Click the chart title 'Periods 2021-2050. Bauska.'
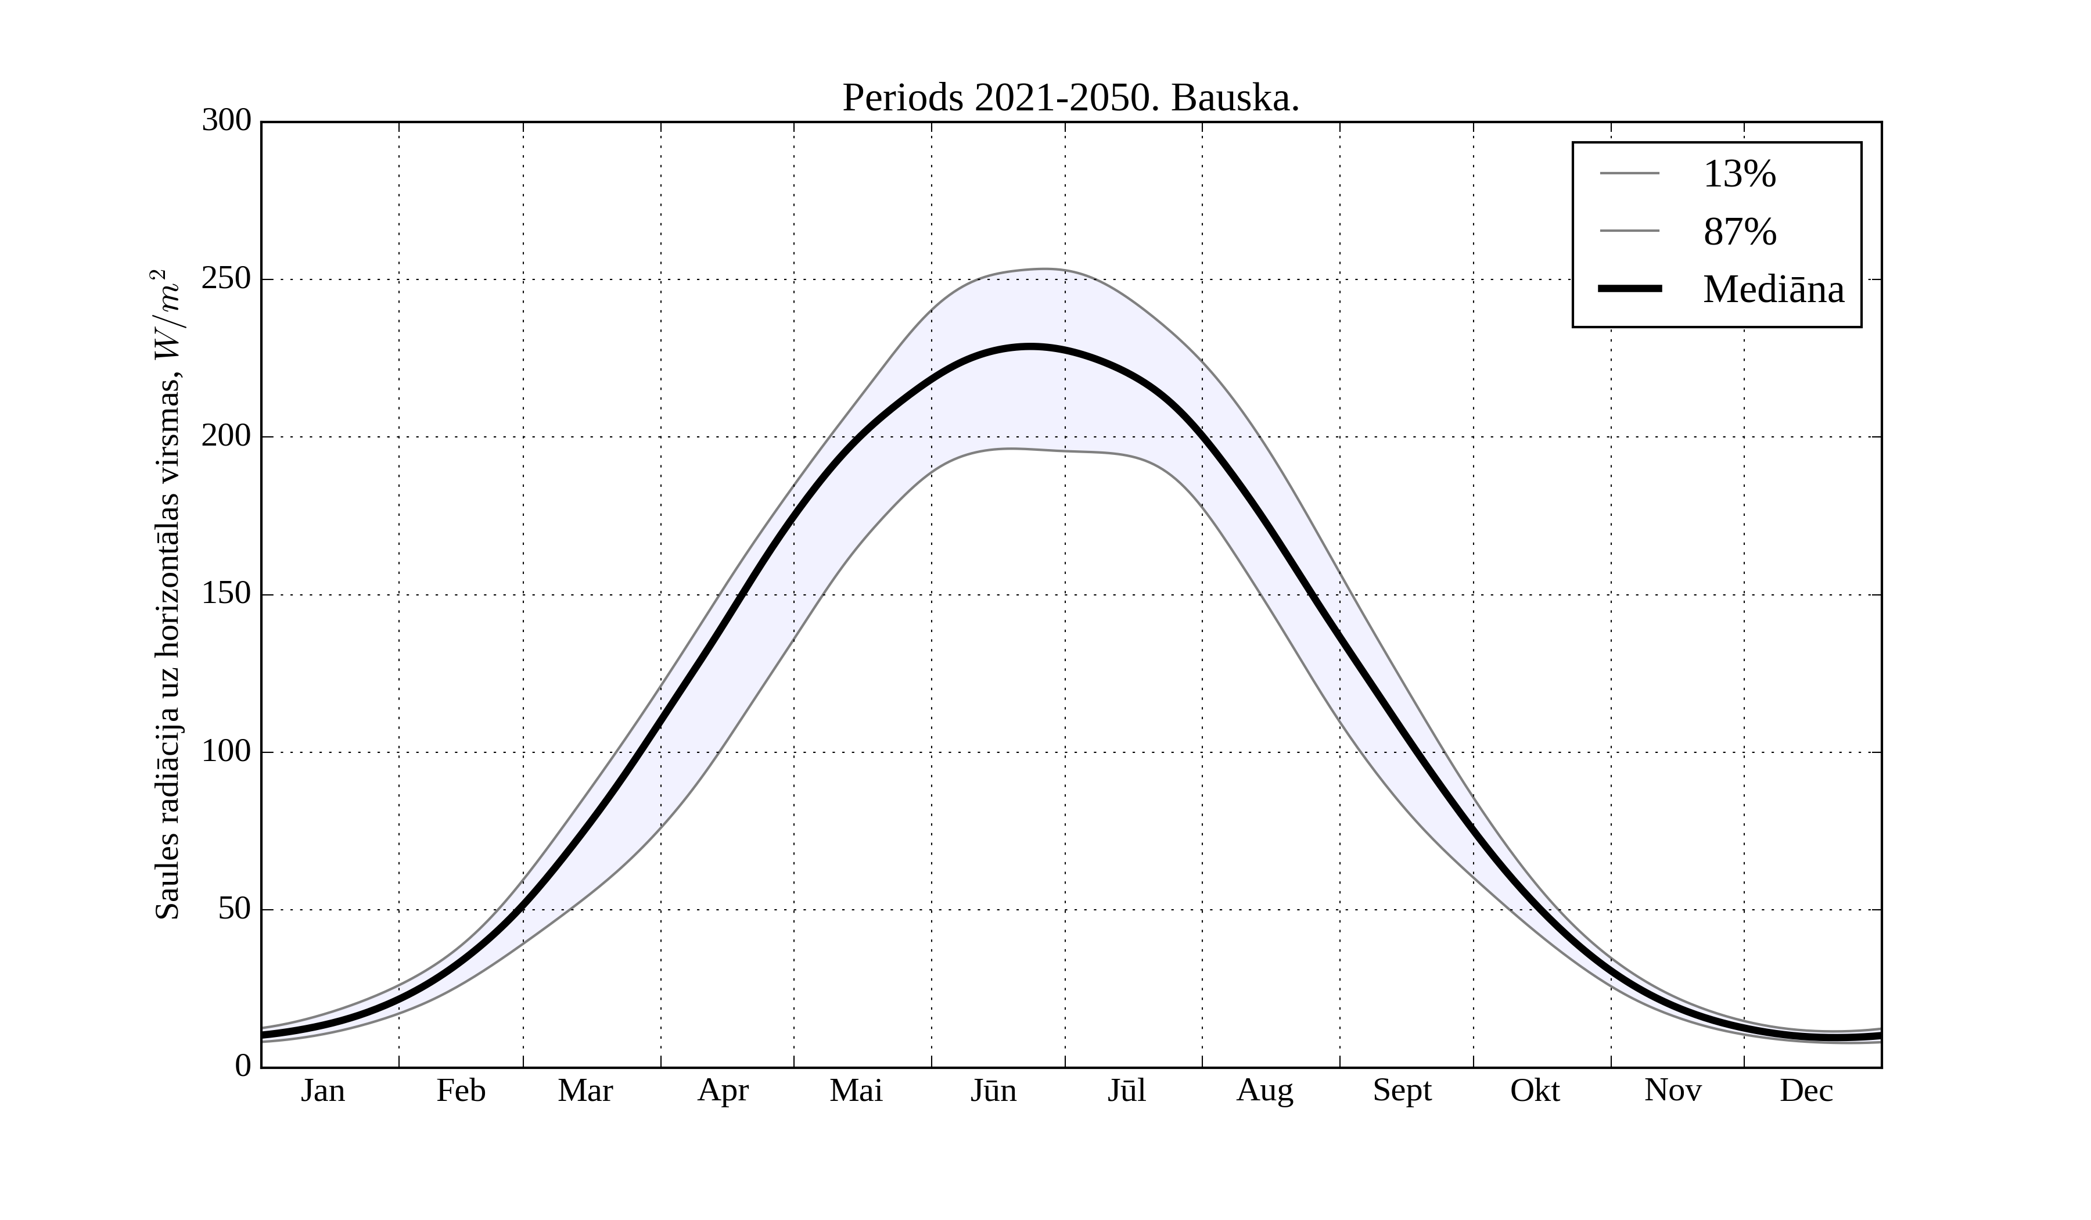[1070, 98]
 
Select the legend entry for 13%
[1739, 174]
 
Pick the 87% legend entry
[1739, 232]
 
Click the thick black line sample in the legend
[1630, 289]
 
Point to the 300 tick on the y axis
[227, 121]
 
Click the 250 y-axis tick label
[227, 279]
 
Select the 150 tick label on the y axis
[227, 594]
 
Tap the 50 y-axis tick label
[235, 910]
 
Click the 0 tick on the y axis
[243, 1065]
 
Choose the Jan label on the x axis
[323, 1090]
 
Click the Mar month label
[585, 1090]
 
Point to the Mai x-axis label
[856, 1090]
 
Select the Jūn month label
[993, 1090]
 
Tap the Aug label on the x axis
[1264, 1090]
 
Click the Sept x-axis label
[1402, 1090]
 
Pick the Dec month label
[1806, 1090]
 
